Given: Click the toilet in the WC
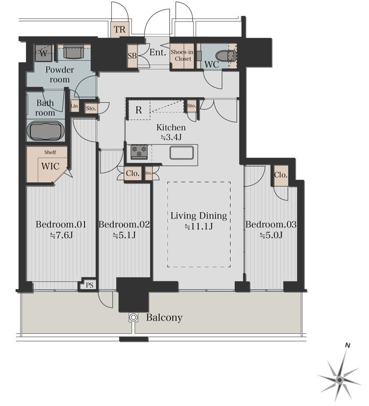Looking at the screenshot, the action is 226,56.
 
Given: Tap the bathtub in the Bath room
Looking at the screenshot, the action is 46,131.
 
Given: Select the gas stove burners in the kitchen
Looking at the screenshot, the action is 139,151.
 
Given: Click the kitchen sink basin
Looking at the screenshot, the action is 182,152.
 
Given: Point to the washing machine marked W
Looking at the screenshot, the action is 44,53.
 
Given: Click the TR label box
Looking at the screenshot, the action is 120,29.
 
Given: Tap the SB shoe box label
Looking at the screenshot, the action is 132,56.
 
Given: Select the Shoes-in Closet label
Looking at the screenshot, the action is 182,56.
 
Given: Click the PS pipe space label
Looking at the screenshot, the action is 90,285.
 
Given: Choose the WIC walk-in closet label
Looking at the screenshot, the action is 50,166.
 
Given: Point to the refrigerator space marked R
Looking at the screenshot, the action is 138,110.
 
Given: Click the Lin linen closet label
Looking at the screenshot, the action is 74,106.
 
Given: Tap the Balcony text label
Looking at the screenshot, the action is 164,317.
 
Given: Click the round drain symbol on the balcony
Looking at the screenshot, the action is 133,317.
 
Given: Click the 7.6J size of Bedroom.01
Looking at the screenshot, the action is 61,235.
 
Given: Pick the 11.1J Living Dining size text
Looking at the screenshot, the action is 199,226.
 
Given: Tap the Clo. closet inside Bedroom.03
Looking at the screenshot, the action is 281,175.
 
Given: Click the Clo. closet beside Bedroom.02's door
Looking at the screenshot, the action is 133,173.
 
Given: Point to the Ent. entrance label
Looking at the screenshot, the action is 158,52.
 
